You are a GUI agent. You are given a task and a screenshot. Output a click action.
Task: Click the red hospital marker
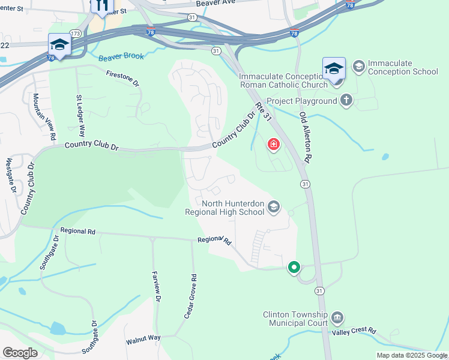click(x=274, y=145)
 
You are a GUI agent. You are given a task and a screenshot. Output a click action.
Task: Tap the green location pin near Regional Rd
click(x=294, y=267)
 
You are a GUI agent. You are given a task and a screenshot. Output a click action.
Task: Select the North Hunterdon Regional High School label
click(x=233, y=208)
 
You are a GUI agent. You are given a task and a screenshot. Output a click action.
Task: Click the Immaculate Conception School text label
click(x=403, y=68)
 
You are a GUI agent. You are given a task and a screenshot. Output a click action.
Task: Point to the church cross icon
click(x=346, y=100)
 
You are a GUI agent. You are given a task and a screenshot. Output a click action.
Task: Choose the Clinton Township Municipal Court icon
click(x=337, y=316)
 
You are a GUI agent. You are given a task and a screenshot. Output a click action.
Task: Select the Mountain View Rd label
click(x=45, y=117)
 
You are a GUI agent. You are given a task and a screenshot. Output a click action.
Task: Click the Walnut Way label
click(x=143, y=339)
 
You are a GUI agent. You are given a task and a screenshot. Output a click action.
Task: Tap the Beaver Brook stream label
click(x=121, y=56)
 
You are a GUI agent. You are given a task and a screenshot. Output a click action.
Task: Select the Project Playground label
click(x=301, y=101)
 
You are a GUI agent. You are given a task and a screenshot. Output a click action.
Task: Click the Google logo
click(x=20, y=353)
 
